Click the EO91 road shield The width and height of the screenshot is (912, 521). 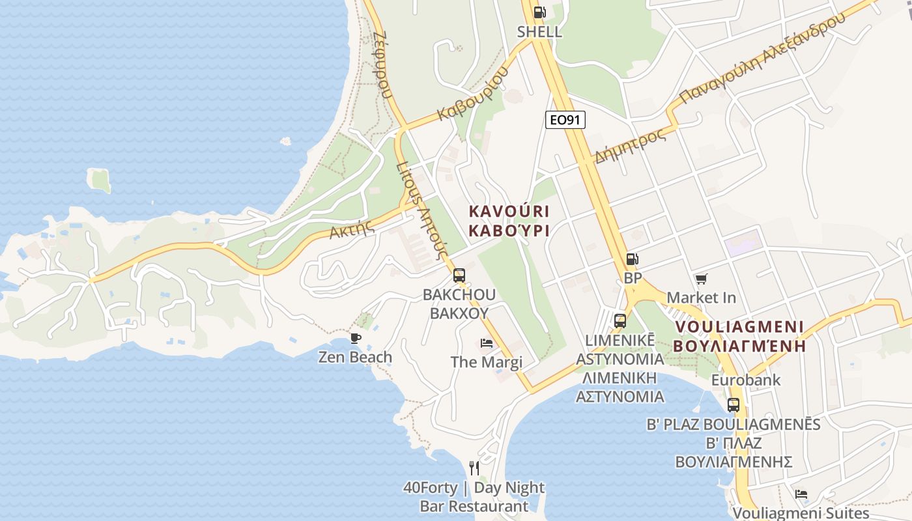pyautogui.click(x=565, y=120)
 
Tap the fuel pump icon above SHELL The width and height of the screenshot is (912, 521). pyautogui.click(x=539, y=12)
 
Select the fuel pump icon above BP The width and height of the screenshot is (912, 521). pyautogui.click(x=632, y=259)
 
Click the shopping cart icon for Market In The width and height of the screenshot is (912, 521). pyautogui.click(x=701, y=279)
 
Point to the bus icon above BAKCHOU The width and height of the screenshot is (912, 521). pyautogui.click(x=459, y=275)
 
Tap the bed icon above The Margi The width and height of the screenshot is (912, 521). pyautogui.click(x=487, y=343)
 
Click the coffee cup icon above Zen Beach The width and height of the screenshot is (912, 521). pyautogui.click(x=355, y=338)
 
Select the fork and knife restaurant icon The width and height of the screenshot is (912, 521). pyautogui.click(x=474, y=468)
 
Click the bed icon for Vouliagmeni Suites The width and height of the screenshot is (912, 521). pyautogui.click(x=801, y=494)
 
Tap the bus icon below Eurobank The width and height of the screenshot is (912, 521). pyautogui.click(x=734, y=404)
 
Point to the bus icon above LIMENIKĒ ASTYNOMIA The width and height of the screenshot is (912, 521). pyautogui.click(x=620, y=320)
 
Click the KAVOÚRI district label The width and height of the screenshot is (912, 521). pyautogui.click(x=509, y=212)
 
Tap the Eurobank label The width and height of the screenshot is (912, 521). pyautogui.click(x=746, y=380)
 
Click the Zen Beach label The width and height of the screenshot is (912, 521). pyautogui.click(x=355, y=357)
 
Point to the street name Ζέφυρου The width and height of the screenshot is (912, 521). pyautogui.click(x=383, y=64)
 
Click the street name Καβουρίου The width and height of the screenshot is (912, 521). pyautogui.click(x=472, y=95)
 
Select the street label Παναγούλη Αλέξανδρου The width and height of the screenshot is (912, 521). pyautogui.click(x=762, y=57)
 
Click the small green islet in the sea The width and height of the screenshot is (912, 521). pyautogui.click(x=100, y=180)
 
